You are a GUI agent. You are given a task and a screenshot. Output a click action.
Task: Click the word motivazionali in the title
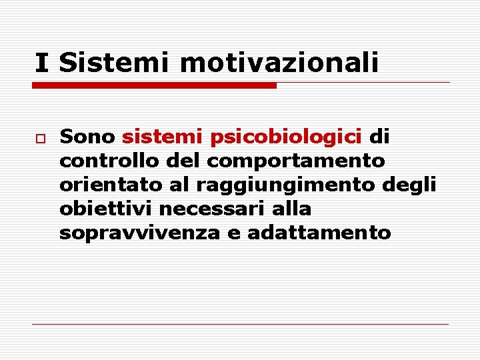coord(279,63)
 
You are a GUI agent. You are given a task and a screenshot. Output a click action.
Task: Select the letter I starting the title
coord(42,63)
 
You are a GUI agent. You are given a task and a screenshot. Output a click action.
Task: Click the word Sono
coord(87,137)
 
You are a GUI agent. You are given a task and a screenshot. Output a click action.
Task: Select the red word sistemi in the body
coord(162,137)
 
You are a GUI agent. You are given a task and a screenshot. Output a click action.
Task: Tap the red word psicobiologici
coord(286,137)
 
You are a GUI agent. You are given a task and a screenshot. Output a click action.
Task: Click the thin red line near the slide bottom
coord(240,324)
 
